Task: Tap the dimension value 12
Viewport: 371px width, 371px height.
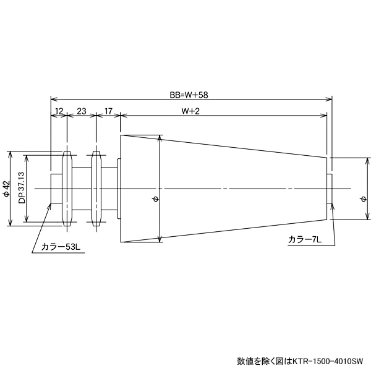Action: point(59,111)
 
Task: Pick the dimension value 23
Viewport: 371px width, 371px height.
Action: point(81,111)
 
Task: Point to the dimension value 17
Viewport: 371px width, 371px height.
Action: point(108,111)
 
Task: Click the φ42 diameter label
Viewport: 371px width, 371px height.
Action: point(7,189)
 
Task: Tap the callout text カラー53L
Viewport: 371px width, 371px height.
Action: point(61,247)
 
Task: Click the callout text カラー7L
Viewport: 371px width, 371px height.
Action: point(304,239)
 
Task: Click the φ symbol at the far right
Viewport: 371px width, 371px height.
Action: point(362,198)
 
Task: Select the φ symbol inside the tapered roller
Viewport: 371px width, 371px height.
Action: point(155,198)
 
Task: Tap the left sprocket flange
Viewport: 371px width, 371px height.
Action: point(67,189)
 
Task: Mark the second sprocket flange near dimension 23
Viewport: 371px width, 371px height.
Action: point(96,189)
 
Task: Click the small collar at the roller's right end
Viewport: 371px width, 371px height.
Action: point(330,188)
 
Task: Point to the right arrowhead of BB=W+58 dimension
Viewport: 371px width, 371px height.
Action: point(330,99)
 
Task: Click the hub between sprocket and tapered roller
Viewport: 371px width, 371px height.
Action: point(109,189)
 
